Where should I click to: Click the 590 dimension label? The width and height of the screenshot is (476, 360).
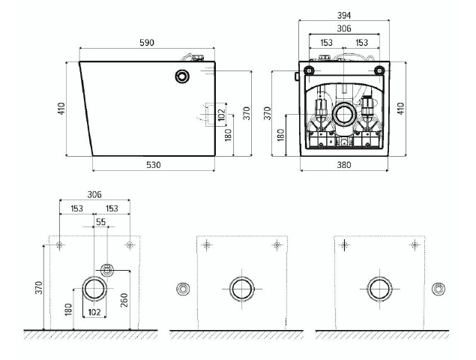(147, 43)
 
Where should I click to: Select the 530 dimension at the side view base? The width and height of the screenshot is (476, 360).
(154, 165)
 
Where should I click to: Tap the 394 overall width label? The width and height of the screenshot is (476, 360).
(344, 15)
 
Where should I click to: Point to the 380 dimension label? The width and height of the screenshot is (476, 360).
(344, 165)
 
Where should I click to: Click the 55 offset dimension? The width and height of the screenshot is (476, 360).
(101, 222)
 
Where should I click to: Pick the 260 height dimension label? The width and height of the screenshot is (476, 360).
(124, 300)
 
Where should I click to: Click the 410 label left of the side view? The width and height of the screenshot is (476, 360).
(61, 109)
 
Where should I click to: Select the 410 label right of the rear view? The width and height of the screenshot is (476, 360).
(401, 109)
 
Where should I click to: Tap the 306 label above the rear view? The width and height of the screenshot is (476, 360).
(344, 28)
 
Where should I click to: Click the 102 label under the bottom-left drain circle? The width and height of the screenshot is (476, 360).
(94, 312)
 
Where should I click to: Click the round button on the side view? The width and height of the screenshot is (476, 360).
(182, 76)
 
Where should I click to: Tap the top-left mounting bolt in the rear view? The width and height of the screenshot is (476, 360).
(309, 70)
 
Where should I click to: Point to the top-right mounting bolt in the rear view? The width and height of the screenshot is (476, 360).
(379, 70)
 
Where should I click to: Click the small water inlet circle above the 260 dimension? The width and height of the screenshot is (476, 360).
(107, 270)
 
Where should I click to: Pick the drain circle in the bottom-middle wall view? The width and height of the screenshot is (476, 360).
(242, 289)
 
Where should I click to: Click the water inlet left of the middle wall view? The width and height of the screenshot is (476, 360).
(183, 289)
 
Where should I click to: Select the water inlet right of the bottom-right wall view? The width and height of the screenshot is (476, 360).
(439, 289)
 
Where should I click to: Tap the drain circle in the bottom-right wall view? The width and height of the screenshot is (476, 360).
(379, 289)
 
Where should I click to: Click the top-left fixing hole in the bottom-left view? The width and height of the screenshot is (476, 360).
(59, 244)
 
